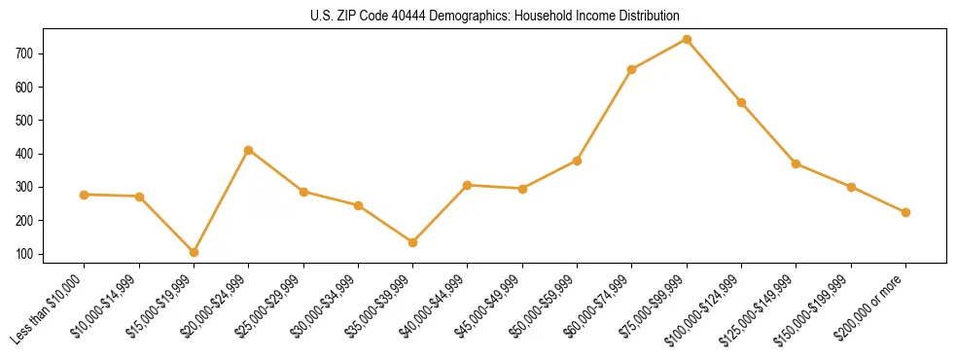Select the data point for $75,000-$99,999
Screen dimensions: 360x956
(x=687, y=39)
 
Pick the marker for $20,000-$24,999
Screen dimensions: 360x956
(x=249, y=150)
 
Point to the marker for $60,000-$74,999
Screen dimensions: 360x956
(x=632, y=69)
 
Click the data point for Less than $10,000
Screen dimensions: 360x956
(x=85, y=195)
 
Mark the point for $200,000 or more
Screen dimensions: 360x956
(x=905, y=212)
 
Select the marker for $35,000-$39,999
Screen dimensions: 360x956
(x=412, y=242)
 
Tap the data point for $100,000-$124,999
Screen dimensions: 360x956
(x=741, y=102)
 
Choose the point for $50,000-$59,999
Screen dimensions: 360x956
(x=577, y=161)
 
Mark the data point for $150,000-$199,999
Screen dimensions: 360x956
(x=851, y=187)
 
